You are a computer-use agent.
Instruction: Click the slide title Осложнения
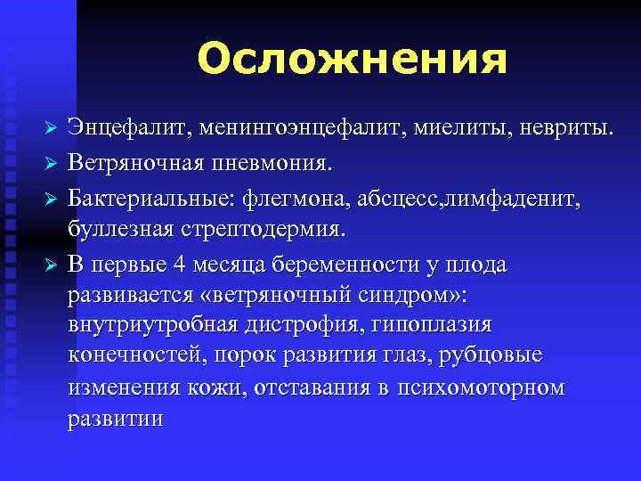click(353, 61)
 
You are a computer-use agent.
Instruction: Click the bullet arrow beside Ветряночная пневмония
click(52, 164)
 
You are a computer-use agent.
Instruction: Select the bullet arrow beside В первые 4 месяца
click(52, 265)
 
